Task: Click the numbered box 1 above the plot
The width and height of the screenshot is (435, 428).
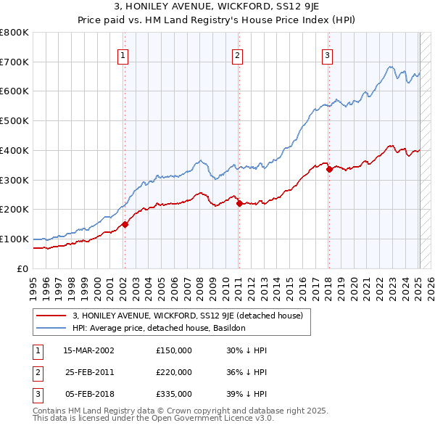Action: pos(123,54)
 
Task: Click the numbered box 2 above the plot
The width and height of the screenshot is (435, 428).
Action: pos(237,54)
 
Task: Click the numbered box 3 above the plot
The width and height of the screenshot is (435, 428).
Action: pos(328,54)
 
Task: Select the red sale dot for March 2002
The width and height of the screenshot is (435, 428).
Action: pos(125,224)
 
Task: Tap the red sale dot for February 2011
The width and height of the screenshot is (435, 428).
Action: pos(239,203)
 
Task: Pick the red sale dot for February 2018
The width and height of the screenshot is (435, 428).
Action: pos(329,169)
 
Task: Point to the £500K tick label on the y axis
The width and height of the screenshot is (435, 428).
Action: pos(14,120)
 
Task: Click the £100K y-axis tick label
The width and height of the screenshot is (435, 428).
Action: pos(14,239)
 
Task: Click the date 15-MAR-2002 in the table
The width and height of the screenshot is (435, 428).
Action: pos(88,350)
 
